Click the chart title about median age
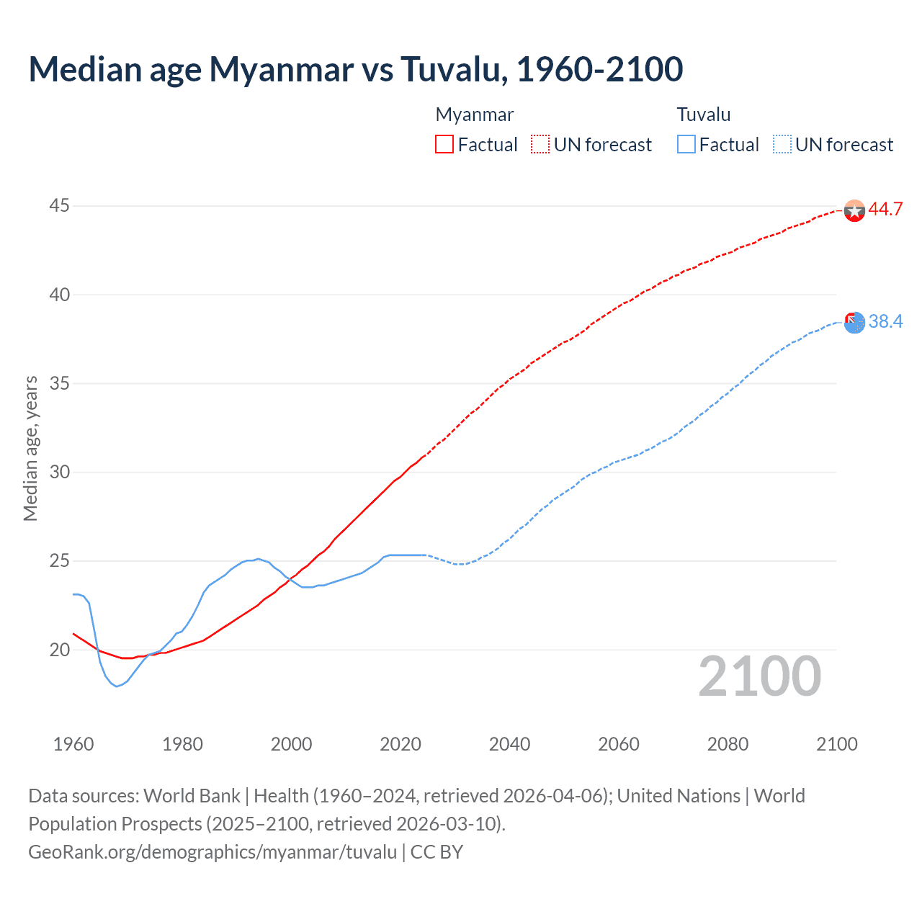click(x=355, y=69)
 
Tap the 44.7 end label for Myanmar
click(x=885, y=210)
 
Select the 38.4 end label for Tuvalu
click(x=885, y=321)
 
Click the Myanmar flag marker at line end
click(x=854, y=210)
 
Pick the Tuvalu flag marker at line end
click(x=854, y=323)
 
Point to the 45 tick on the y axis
click(x=59, y=206)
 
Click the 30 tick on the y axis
click(x=59, y=473)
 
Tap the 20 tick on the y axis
click(x=59, y=650)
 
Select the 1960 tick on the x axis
click(x=73, y=744)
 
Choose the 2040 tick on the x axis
click(x=509, y=744)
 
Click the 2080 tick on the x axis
click(x=728, y=744)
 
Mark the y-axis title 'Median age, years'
click(x=30, y=448)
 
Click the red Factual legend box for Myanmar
click(x=444, y=145)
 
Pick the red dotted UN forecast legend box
click(x=540, y=145)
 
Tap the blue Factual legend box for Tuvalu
click(x=686, y=145)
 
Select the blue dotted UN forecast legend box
click(x=782, y=145)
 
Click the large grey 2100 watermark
click(x=759, y=676)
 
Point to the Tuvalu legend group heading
click(x=704, y=115)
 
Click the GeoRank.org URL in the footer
click(x=212, y=852)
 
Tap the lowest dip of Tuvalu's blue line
click(x=117, y=686)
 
